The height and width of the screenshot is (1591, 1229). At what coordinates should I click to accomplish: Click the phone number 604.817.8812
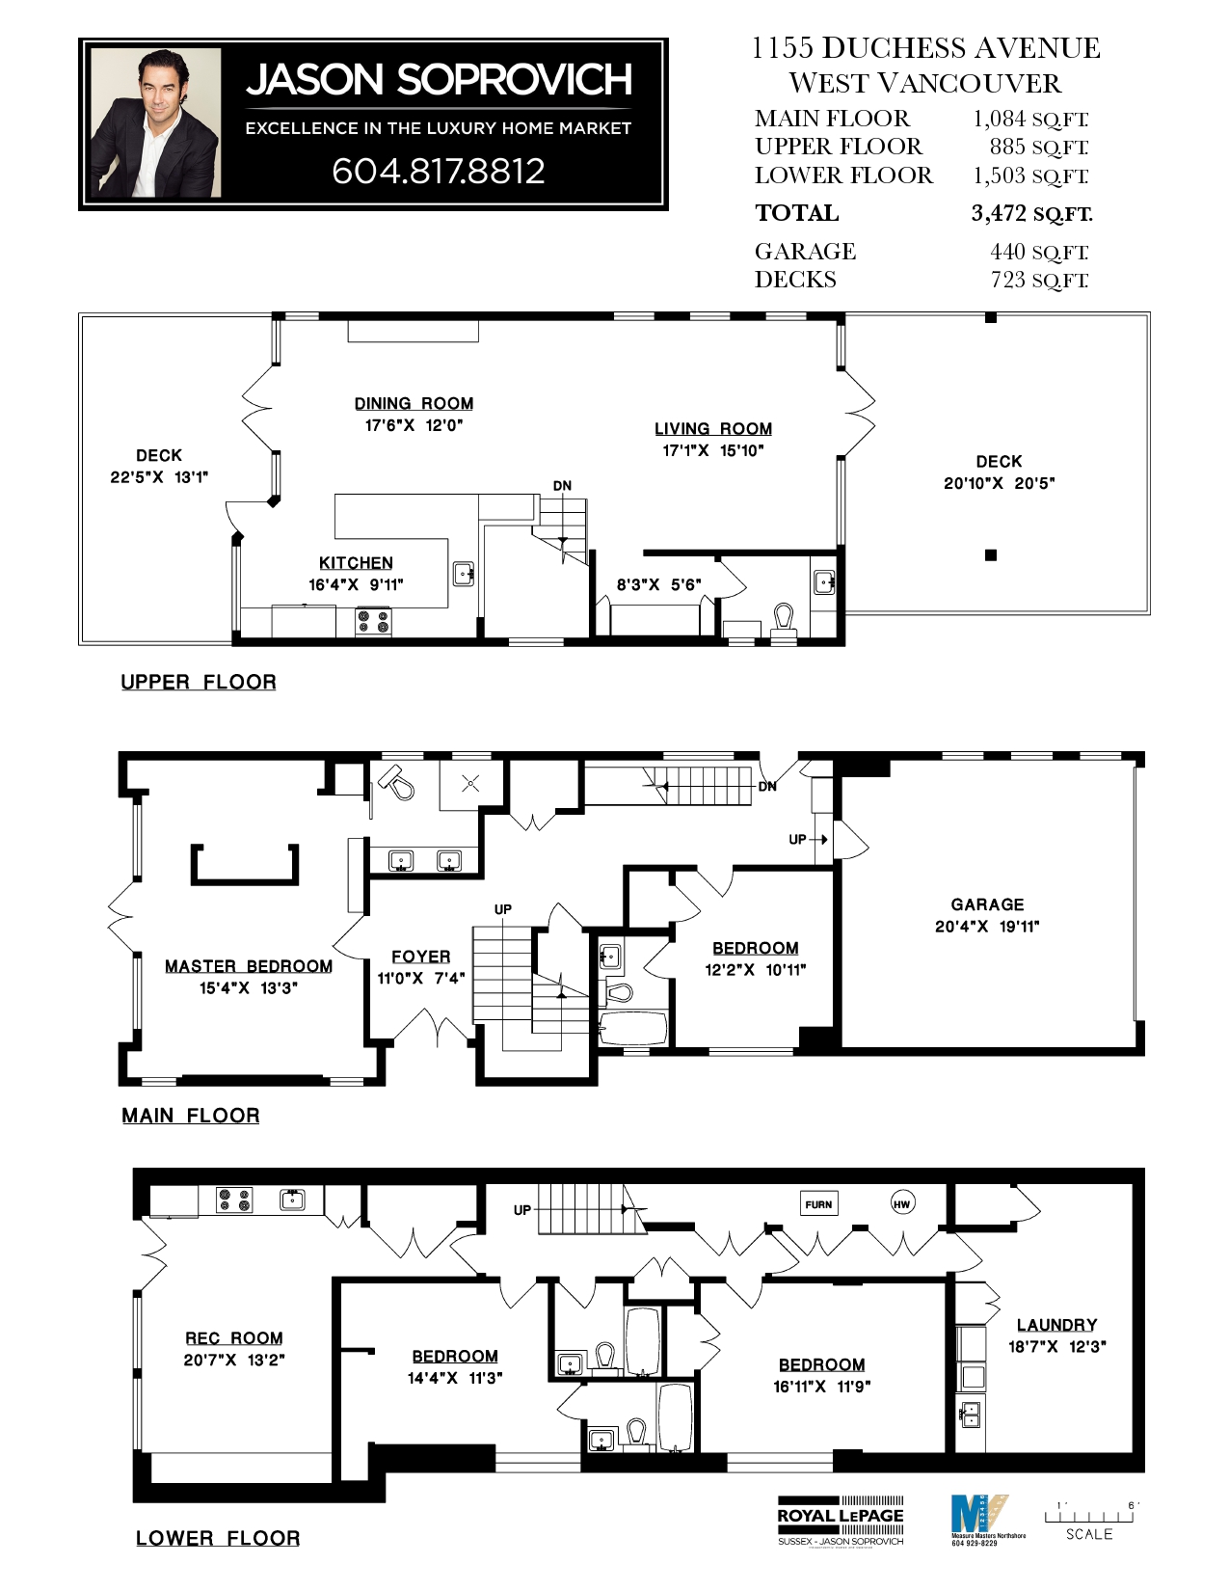(x=439, y=171)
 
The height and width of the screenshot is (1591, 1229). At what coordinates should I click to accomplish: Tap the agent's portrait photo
(x=156, y=123)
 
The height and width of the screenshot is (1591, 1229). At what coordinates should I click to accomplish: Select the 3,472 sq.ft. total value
(x=1031, y=213)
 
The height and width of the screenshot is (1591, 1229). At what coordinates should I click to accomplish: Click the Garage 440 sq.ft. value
(x=1038, y=252)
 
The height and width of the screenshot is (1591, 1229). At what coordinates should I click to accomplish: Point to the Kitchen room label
(x=356, y=563)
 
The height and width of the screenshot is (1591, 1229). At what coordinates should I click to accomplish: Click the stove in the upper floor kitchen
(x=373, y=621)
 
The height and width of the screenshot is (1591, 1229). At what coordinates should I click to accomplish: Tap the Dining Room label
(x=414, y=404)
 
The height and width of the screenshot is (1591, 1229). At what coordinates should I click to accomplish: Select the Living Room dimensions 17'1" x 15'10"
(x=712, y=450)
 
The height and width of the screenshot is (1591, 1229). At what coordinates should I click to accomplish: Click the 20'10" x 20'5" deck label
(x=999, y=483)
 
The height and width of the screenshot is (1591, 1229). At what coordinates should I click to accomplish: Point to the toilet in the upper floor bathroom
(x=783, y=618)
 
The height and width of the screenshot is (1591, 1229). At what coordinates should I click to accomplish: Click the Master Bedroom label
(x=248, y=966)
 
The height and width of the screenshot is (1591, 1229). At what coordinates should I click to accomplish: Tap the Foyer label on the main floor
(x=420, y=957)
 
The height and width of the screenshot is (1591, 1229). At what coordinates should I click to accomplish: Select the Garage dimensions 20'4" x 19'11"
(x=987, y=927)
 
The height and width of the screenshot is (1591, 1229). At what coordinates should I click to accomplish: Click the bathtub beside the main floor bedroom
(x=633, y=1028)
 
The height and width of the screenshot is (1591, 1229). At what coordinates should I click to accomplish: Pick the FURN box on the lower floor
(x=818, y=1203)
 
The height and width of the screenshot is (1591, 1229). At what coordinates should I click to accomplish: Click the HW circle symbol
(x=901, y=1203)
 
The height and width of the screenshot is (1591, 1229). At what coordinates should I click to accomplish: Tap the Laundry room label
(x=1056, y=1325)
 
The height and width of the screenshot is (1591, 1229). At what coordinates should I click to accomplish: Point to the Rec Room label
(x=234, y=1338)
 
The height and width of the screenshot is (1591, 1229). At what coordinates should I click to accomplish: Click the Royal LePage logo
(x=841, y=1520)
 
